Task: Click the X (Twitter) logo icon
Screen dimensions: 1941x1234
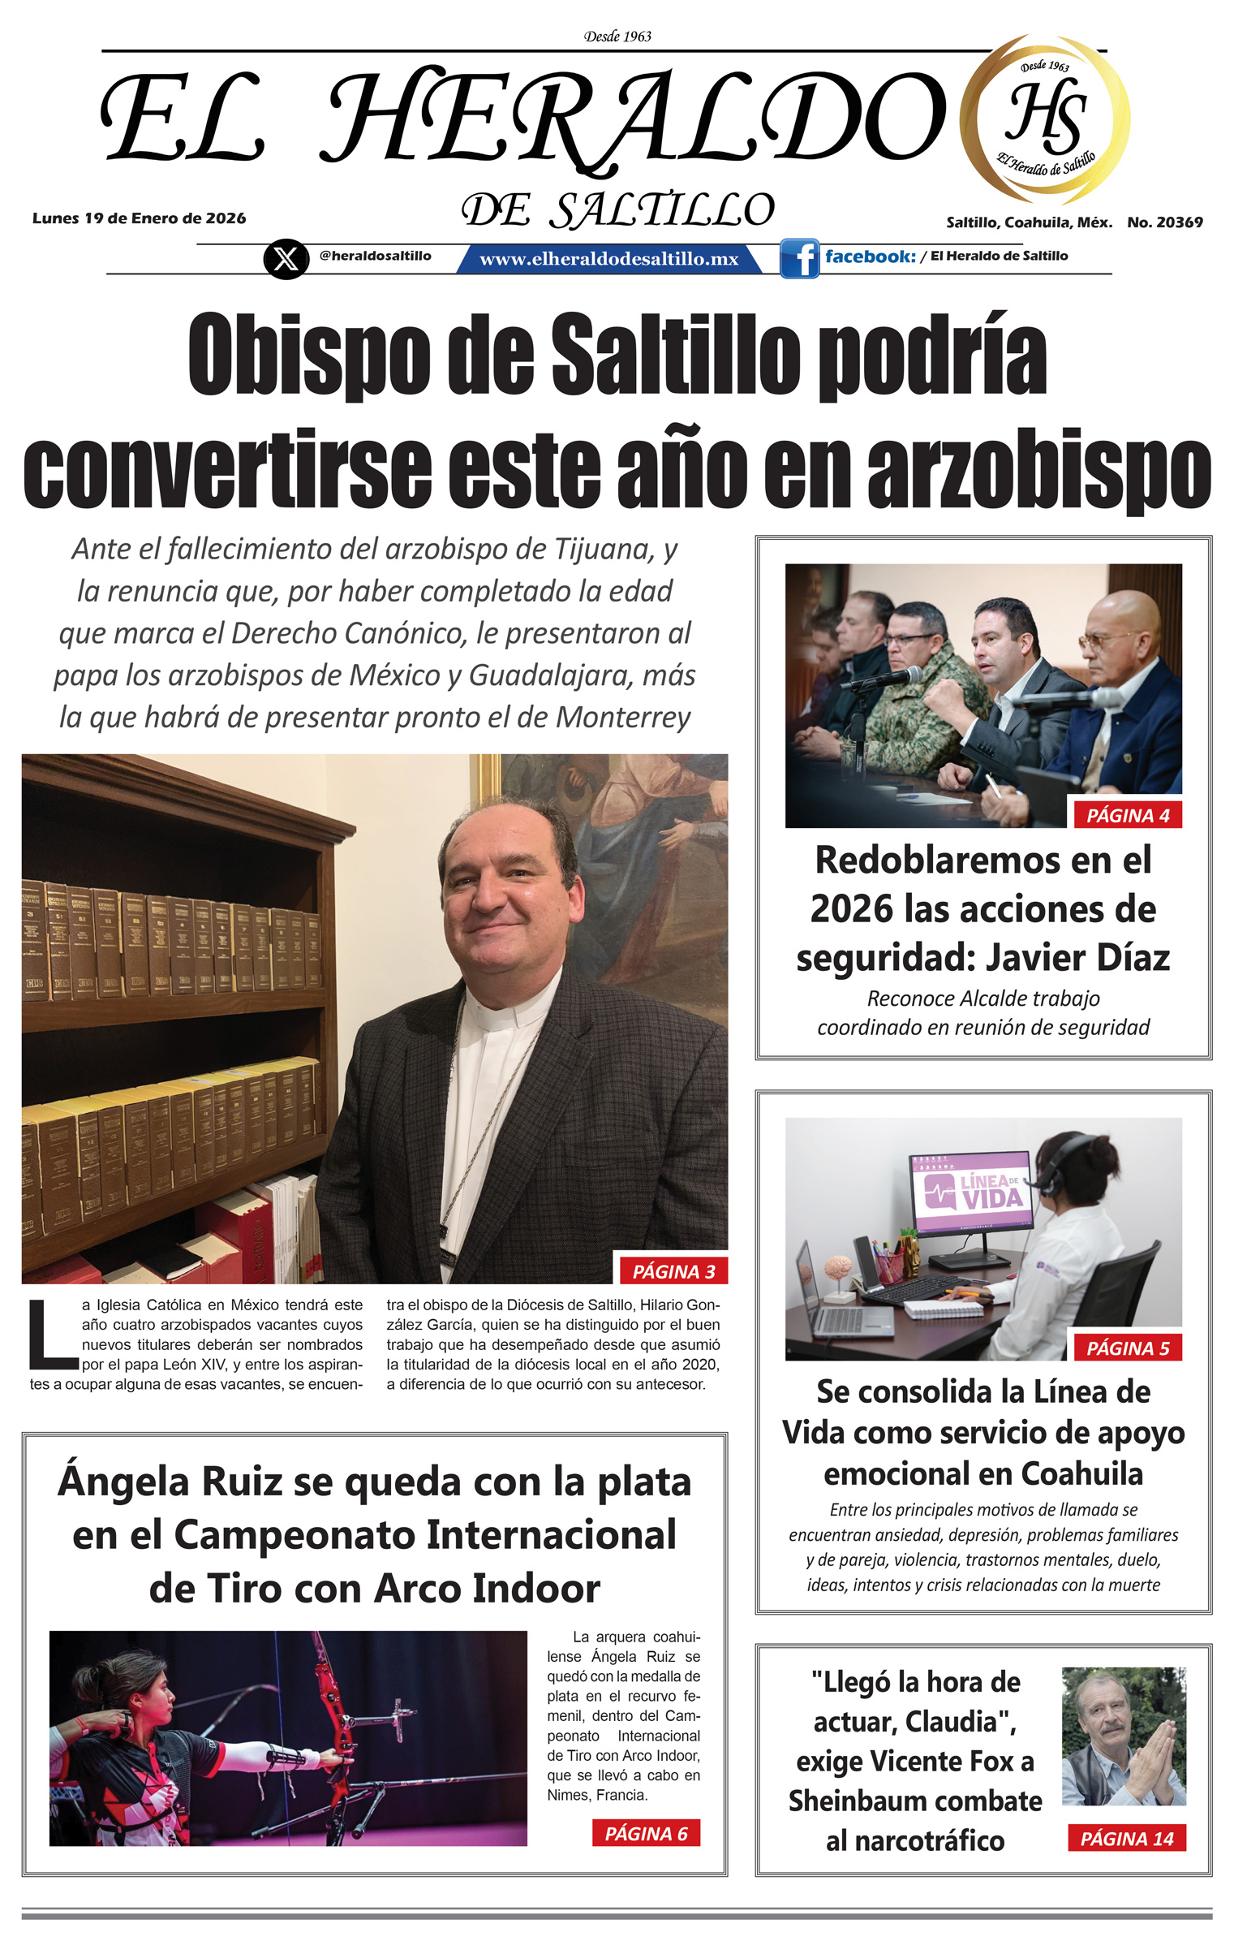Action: pyautogui.click(x=286, y=259)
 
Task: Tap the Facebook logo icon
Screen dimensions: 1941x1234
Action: pyautogui.click(x=799, y=259)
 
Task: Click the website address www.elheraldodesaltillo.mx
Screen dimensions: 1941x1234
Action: pyautogui.click(x=608, y=259)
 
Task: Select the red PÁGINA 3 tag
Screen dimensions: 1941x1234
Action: pyautogui.click(x=673, y=1271)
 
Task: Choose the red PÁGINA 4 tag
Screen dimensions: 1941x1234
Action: pyautogui.click(x=1128, y=815)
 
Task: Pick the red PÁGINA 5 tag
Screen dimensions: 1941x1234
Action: pyautogui.click(x=1128, y=1348)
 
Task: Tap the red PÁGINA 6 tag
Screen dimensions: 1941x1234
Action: pyautogui.click(x=646, y=1833)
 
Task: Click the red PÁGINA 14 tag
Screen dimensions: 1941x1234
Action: pyautogui.click(x=1127, y=1839)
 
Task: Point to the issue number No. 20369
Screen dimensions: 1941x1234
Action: pyautogui.click(x=1164, y=222)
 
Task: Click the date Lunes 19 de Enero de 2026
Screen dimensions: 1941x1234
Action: pyautogui.click(x=139, y=218)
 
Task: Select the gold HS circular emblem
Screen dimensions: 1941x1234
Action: pyautogui.click(x=1045, y=119)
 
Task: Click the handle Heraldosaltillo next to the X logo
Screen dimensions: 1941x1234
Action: pyautogui.click(x=375, y=256)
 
